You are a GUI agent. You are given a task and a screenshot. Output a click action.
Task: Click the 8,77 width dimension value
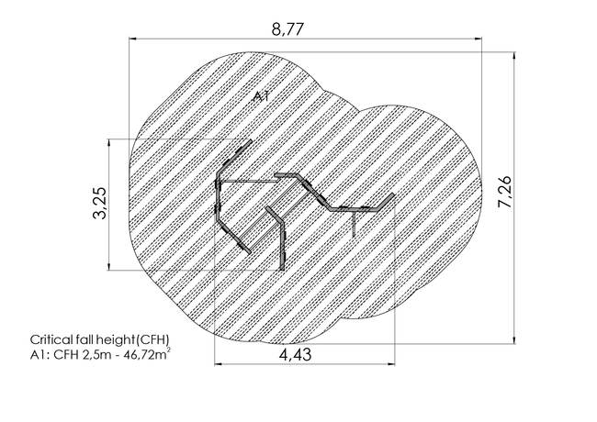288,29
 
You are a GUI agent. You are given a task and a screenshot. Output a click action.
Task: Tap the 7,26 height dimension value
505,192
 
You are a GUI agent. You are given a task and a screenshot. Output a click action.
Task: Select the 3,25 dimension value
100,203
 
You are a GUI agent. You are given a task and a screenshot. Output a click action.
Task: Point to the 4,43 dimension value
296,355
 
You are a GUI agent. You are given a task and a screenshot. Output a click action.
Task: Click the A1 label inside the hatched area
262,96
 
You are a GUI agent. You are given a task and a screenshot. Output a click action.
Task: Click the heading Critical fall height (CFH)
100,339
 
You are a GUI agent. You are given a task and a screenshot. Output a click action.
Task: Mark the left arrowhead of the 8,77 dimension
132,39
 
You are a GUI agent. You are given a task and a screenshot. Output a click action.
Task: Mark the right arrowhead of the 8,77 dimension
479,39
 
